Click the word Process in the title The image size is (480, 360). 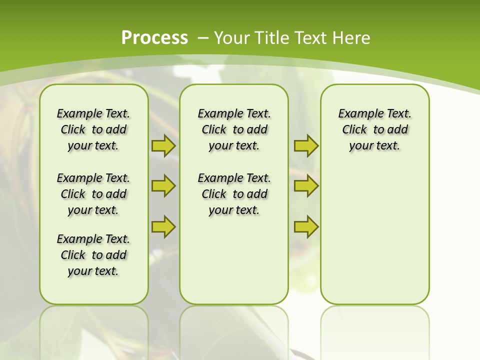click(x=154, y=38)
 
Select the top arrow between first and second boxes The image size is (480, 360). click(x=163, y=145)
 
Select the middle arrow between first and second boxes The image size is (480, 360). click(x=163, y=186)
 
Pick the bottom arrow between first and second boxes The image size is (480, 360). click(x=163, y=226)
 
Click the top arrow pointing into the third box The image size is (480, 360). click(x=306, y=145)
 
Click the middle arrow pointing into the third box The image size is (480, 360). click(x=306, y=186)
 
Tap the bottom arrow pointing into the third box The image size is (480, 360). click(x=306, y=226)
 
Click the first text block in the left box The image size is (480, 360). click(x=93, y=129)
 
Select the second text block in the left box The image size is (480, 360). click(x=93, y=194)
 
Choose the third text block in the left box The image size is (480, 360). click(x=93, y=255)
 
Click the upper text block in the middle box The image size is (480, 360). click(x=234, y=129)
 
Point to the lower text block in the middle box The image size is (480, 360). click(x=234, y=194)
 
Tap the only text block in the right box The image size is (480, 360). click(x=374, y=129)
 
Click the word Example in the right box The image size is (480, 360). click(x=357, y=114)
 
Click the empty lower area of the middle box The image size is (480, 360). click(x=234, y=260)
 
